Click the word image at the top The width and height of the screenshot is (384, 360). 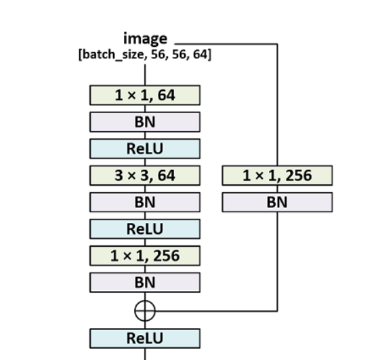144,39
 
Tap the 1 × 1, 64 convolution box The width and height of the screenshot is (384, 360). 144,95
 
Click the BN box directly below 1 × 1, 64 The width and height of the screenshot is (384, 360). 144,121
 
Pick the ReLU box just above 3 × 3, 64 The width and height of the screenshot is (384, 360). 144,148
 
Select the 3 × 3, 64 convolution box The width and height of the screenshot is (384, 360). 144,176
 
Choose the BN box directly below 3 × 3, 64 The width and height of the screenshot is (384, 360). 144,202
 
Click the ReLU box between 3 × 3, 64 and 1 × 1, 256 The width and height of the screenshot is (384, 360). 144,229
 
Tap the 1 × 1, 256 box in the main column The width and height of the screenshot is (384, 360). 144,256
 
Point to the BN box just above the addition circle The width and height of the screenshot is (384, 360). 144,282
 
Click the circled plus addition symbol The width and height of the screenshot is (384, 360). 145,311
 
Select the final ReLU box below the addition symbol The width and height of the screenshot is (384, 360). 144,338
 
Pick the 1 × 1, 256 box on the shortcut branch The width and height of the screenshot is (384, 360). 277,176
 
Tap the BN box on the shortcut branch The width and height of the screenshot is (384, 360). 277,202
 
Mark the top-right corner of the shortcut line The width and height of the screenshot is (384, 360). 278,44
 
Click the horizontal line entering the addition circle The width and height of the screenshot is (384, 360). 217,311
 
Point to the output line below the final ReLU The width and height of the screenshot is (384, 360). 145,353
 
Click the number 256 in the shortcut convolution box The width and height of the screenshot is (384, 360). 298,176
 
